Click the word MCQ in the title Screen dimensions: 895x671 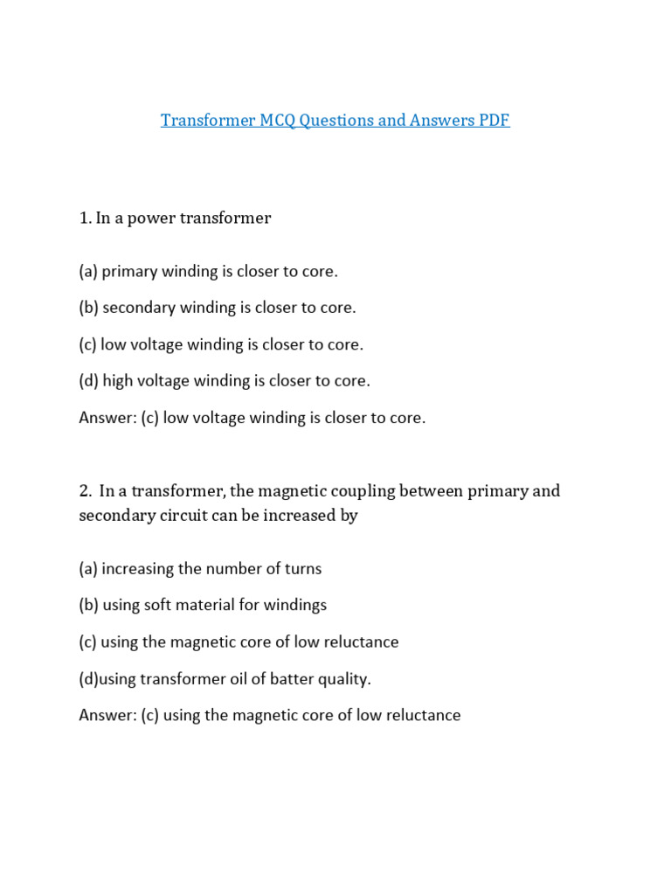(x=277, y=121)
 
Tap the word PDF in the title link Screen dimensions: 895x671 (x=494, y=121)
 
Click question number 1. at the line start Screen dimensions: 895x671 (x=85, y=219)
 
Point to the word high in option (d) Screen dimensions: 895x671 (x=119, y=381)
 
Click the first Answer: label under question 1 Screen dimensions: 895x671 (x=107, y=418)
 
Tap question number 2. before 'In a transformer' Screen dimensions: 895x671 (x=85, y=491)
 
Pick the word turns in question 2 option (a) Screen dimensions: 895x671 (x=302, y=569)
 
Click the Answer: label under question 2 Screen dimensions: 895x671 (x=107, y=716)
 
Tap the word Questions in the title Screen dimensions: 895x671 (x=336, y=121)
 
